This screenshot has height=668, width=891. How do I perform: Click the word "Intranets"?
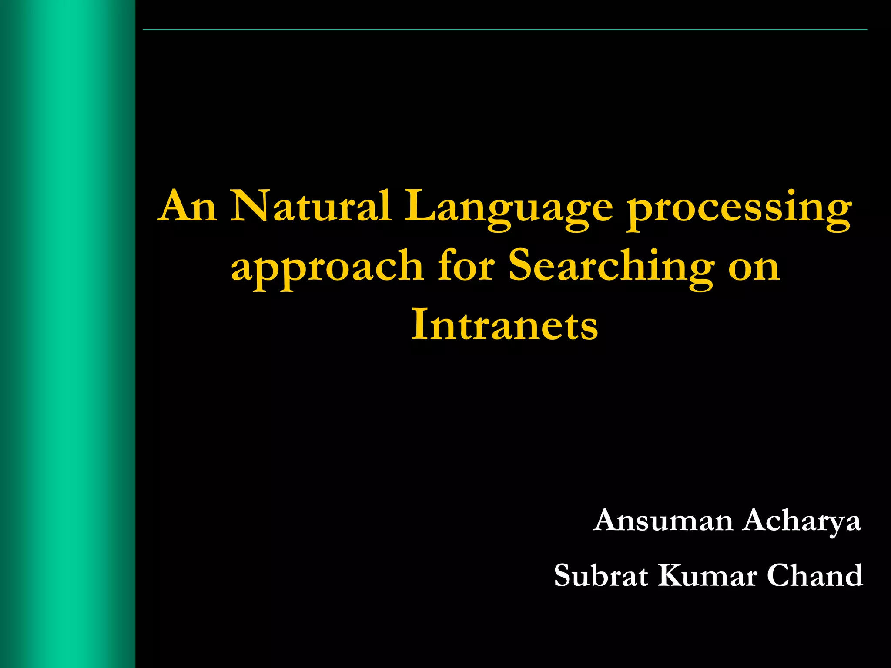505,324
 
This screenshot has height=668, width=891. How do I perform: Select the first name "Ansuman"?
663,520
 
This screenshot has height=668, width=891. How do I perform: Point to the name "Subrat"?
601,575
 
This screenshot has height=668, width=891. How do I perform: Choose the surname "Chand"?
814,575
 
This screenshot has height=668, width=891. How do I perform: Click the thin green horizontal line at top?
505,30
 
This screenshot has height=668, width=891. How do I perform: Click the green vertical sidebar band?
67,334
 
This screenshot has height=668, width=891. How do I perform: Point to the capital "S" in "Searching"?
522,265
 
